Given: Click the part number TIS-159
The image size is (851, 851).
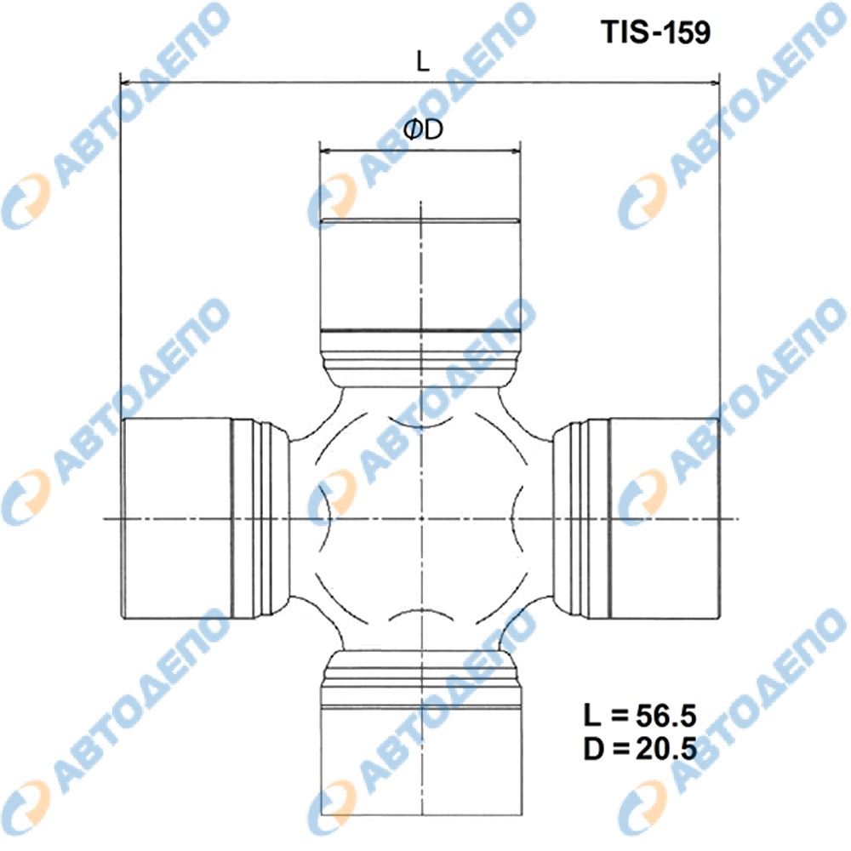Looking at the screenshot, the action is coord(655,31).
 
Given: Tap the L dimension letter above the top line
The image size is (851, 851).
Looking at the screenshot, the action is coord(422,61).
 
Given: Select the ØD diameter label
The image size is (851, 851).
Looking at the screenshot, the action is coord(423,129).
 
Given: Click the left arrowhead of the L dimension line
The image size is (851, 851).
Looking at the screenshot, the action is coord(126,83).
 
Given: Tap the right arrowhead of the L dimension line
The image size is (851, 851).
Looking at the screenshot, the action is coord(714,83).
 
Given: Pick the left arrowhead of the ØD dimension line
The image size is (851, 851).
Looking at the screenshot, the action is coord(326,151).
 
